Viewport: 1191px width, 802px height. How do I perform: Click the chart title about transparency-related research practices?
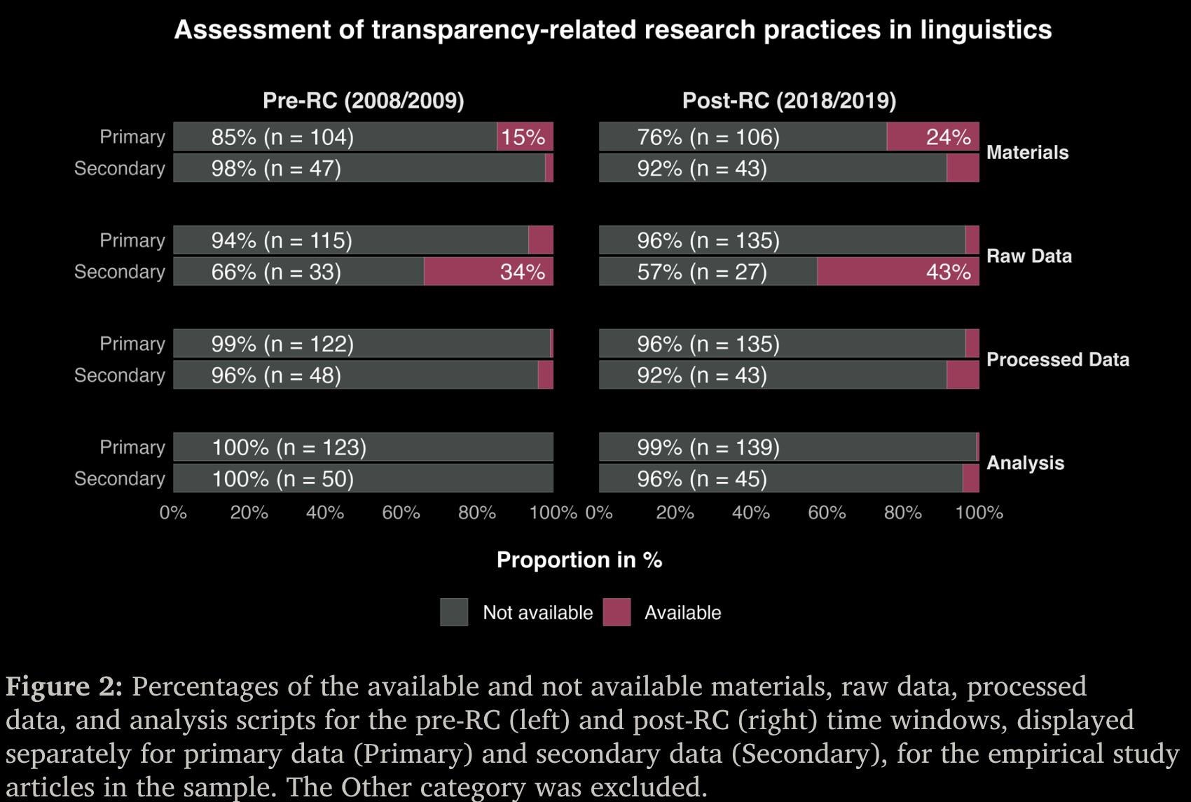coord(613,30)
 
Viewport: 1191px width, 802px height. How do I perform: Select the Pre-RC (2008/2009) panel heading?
coord(363,101)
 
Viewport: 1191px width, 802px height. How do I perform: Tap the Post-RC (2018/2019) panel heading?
coord(789,101)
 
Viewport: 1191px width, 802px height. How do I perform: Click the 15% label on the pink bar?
coord(523,137)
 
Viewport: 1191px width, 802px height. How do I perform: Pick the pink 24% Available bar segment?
coord(932,137)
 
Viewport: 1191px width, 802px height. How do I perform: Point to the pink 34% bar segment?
coord(488,272)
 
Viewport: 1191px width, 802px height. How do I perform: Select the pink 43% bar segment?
coord(897,272)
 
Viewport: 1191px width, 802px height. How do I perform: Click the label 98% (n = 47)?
coord(276,169)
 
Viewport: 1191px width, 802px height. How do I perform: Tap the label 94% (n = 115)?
coord(282,241)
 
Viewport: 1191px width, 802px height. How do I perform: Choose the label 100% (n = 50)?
coord(282,479)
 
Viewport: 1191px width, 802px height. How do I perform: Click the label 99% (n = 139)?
coord(708,448)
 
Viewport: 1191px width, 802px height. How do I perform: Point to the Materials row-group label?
coord(1027,153)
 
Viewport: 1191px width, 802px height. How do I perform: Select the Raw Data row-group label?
coord(1028,256)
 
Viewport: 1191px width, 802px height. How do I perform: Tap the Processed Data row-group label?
coord(1057,360)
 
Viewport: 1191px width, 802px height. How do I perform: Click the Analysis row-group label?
coord(1025,463)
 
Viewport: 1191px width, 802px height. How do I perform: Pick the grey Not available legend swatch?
coord(454,612)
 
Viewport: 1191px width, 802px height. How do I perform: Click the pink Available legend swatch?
coord(617,612)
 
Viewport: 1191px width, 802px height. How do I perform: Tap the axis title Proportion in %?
coord(579,560)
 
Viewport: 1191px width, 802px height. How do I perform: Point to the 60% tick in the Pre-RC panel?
coord(401,513)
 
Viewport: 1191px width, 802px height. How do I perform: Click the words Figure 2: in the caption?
coord(64,686)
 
